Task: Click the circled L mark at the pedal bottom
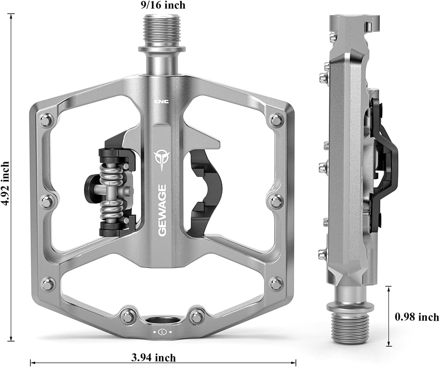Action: pyautogui.click(x=163, y=332)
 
